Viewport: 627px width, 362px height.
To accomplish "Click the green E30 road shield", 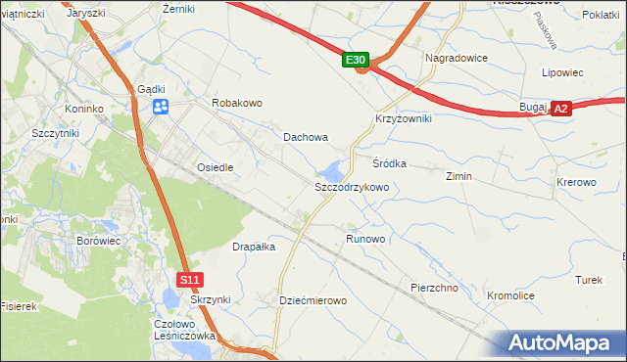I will (x=357, y=61).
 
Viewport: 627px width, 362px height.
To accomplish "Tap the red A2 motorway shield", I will (x=560, y=110).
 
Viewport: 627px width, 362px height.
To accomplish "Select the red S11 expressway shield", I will (x=191, y=280).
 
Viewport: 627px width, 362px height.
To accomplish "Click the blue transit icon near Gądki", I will (x=162, y=107).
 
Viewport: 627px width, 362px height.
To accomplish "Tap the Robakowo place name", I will (x=237, y=103).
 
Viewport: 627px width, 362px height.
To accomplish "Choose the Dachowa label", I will (x=306, y=138).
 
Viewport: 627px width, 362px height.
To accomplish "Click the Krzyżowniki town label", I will (x=404, y=117).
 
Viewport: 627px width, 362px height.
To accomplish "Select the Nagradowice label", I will (x=457, y=58).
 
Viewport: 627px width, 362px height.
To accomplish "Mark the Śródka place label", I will (x=389, y=163).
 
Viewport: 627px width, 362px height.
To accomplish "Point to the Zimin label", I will (x=458, y=176).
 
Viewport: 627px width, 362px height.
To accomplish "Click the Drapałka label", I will (x=254, y=248).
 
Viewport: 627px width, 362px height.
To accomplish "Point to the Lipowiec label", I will (x=562, y=72).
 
